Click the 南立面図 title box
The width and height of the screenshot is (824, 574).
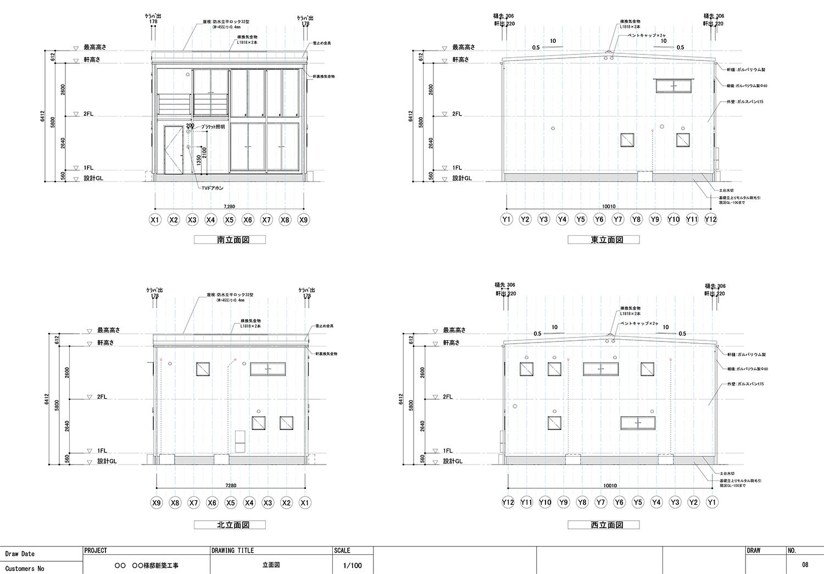[230, 240]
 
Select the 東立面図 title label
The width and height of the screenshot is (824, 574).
[603, 240]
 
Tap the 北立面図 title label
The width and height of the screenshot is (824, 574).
[230, 525]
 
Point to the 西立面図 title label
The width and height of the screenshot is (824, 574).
[603, 525]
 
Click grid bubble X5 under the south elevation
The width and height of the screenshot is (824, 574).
[229, 220]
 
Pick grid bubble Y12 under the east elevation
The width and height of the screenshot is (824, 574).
[710, 219]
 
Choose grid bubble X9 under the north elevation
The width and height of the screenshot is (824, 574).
[157, 503]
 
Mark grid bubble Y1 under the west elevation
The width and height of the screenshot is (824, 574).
[712, 502]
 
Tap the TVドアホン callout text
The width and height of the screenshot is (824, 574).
[212, 188]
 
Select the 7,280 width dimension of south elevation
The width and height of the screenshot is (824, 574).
[229, 207]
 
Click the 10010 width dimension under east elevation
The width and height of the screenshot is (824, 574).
[609, 207]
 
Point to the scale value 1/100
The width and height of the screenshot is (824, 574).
[352, 565]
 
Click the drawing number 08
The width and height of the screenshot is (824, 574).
[805, 565]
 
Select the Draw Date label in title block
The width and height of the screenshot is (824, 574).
[20, 554]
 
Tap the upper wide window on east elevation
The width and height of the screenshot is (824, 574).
[673, 86]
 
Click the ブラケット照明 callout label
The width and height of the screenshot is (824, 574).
[213, 127]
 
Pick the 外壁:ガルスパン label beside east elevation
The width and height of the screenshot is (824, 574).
[745, 102]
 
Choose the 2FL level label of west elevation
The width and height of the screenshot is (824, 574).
[448, 396]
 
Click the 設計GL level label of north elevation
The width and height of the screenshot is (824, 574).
[107, 461]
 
